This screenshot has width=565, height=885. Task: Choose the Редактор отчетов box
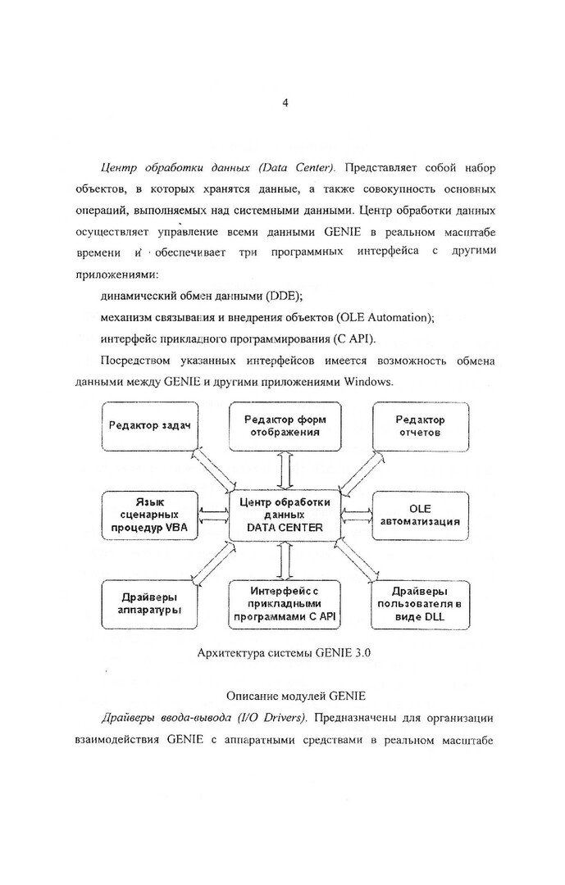coord(421,425)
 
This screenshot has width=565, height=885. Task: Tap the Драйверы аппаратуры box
coord(144,604)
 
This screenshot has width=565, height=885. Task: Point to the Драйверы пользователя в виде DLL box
coord(420,604)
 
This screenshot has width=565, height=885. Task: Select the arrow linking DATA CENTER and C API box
coord(283,561)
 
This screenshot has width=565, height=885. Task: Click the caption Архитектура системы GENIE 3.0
coord(280,653)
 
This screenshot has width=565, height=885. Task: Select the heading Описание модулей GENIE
coord(284,697)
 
